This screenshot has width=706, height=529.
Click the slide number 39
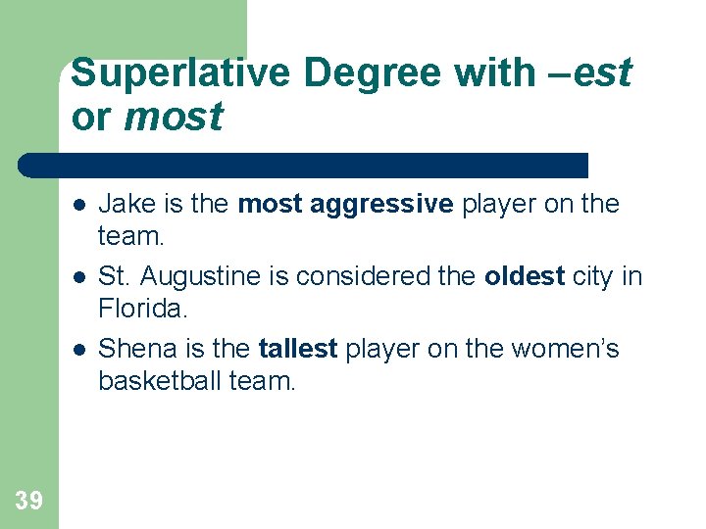click(x=29, y=501)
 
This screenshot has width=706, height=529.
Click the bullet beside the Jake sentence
click(x=77, y=205)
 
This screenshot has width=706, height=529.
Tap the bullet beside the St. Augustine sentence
click(x=77, y=277)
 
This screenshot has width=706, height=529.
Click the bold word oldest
click(x=525, y=276)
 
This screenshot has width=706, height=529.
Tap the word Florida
click(x=141, y=310)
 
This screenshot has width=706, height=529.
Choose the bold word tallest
click(x=298, y=349)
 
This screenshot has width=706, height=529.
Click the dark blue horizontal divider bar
click(x=304, y=165)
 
